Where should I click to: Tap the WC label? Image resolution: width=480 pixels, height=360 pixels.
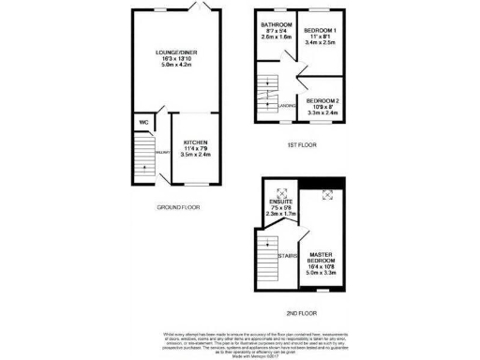coord(143,122)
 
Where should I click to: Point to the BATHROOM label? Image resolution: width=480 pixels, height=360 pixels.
coord(277,24)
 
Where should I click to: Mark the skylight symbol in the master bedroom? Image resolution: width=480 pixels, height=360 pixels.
coord(328,195)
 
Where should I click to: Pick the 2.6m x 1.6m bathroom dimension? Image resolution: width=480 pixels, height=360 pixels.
coord(277,38)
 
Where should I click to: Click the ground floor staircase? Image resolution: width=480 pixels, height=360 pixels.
coord(144,153)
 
